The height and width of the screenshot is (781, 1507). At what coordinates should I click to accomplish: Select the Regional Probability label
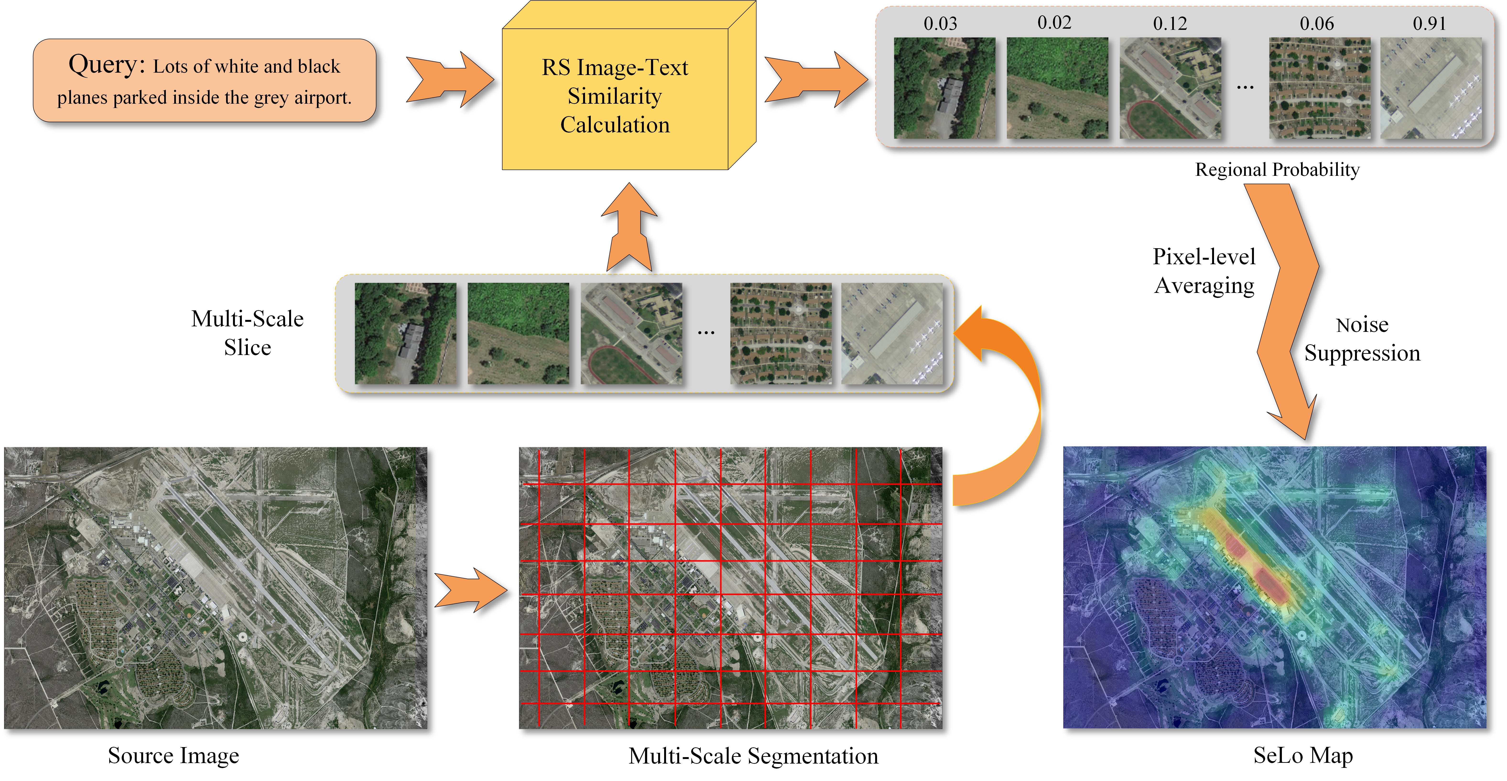coord(1277,170)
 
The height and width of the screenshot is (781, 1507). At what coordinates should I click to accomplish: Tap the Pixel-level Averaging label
coord(1204,271)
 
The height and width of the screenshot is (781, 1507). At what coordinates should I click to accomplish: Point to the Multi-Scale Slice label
coord(247,333)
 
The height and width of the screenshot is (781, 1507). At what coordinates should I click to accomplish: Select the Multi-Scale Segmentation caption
coord(753,756)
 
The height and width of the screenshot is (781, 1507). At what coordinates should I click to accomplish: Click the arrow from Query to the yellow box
coord(449,80)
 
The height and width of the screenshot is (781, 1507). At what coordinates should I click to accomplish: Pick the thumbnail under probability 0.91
coord(1431,88)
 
